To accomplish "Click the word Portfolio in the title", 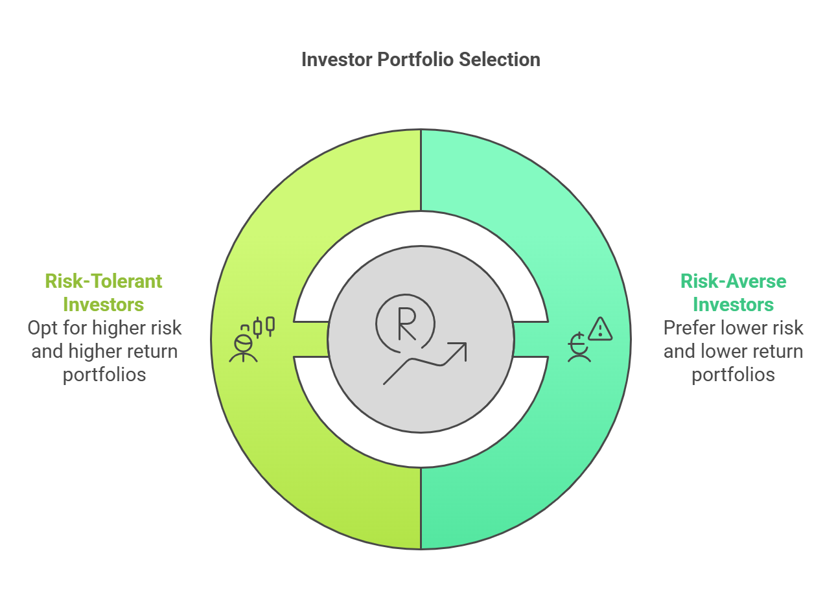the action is (x=415, y=60).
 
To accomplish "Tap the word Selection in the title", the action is (x=500, y=60).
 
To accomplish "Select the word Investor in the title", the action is (x=336, y=60).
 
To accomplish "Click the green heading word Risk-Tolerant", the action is (x=104, y=281).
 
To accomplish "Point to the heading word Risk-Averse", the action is (x=733, y=281).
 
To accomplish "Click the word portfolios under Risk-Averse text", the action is (x=733, y=375).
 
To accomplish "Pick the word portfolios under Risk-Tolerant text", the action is (x=104, y=375).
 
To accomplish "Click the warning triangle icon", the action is (x=600, y=329).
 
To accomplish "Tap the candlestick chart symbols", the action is (x=264, y=327).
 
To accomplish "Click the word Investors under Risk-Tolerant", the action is (x=104, y=305).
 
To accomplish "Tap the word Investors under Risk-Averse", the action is (x=733, y=305).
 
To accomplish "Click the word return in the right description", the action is (x=780, y=352).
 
